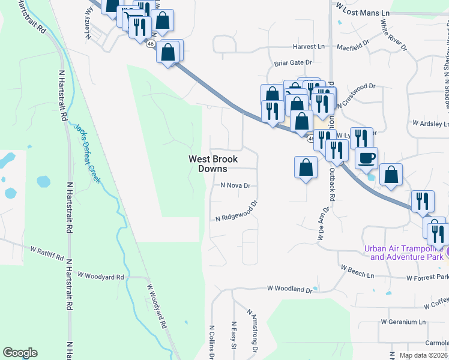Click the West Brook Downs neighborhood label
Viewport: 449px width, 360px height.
point(213,164)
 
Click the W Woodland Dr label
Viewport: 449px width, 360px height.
point(290,289)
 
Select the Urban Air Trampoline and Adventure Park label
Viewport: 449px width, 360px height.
point(406,253)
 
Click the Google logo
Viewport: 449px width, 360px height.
point(20,353)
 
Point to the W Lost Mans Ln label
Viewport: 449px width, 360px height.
point(363,13)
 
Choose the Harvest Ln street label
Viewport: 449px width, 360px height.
point(309,46)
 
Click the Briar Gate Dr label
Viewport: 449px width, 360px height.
point(294,62)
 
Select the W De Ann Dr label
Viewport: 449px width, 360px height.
point(320,224)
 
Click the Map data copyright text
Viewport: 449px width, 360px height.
point(423,355)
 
